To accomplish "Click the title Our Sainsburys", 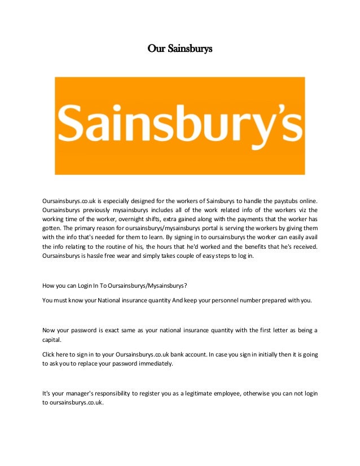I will point(179,49).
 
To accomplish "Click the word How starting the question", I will point(49,285).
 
